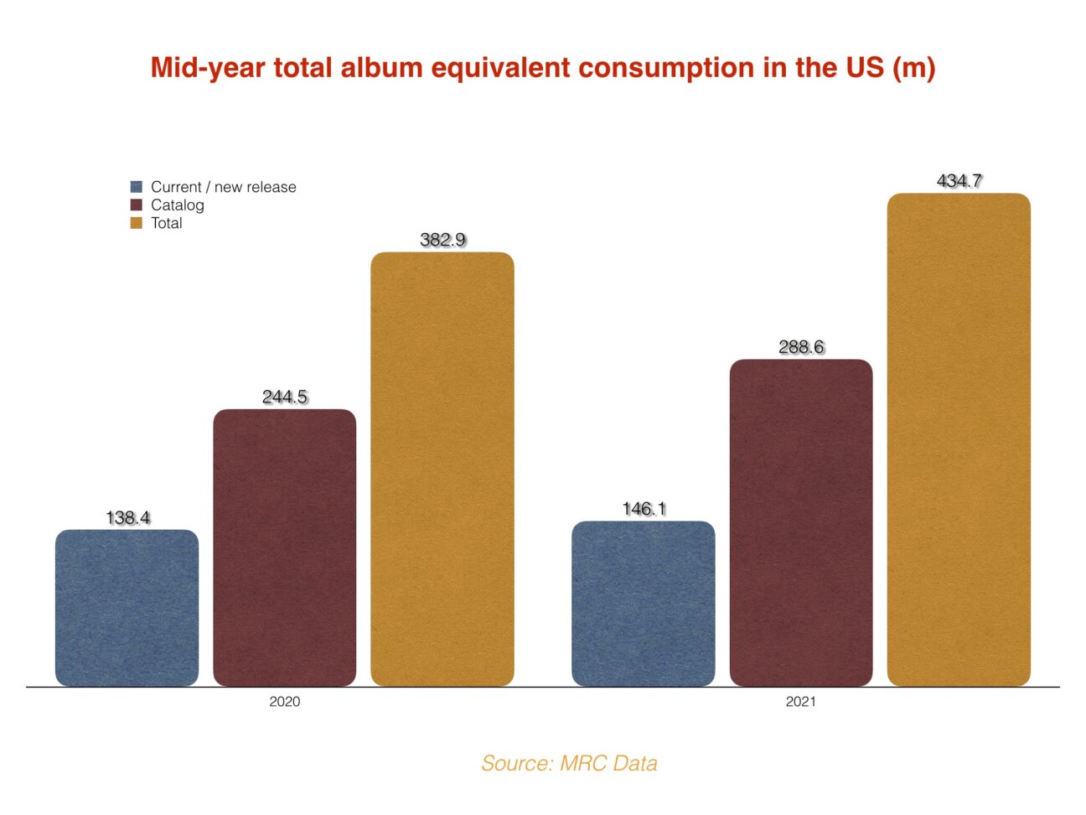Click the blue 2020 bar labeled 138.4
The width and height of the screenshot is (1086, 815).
[x=127, y=608]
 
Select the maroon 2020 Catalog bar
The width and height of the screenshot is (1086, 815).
[x=284, y=548]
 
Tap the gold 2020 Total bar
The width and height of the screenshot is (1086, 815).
[x=442, y=469]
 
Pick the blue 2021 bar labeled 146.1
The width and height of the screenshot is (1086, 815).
[x=643, y=604]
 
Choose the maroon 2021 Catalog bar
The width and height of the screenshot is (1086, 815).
[x=800, y=522]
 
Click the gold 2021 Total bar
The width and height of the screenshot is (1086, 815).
[x=958, y=439]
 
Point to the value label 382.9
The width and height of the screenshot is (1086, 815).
[x=442, y=240]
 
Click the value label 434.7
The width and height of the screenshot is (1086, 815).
[x=959, y=181]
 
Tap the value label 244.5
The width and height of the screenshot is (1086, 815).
[x=285, y=397]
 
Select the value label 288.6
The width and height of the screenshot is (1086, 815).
[x=801, y=347]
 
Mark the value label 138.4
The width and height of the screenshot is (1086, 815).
[x=127, y=518]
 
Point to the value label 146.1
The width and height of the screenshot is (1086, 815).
[x=644, y=509]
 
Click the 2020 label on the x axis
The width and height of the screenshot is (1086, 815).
[x=284, y=702]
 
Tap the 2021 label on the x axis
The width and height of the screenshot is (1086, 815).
[x=800, y=702]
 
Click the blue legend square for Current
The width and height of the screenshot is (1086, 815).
[x=137, y=187]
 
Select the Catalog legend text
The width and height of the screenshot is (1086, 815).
[x=177, y=205]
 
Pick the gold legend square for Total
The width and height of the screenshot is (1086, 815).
[x=137, y=223]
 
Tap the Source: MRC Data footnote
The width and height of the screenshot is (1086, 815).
[x=569, y=763]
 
